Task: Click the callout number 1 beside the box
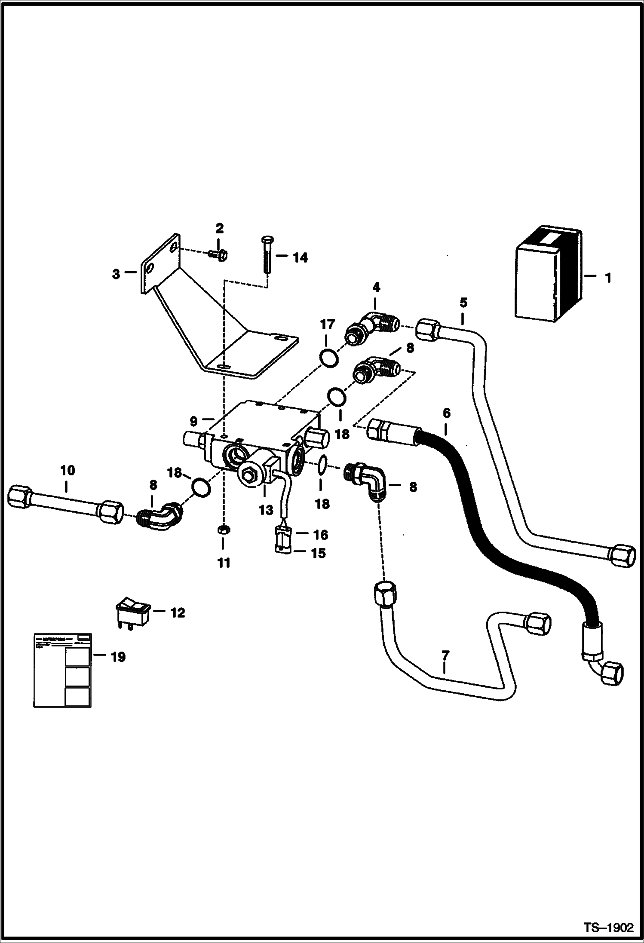pos(607,278)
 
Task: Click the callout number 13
pos(266,510)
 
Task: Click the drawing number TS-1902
pos(608,926)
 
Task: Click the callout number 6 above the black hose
pos(446,413)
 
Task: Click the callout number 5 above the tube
pos(463,303)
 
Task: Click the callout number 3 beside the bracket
pos(116,274)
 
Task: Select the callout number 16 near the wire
pos(321,535)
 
